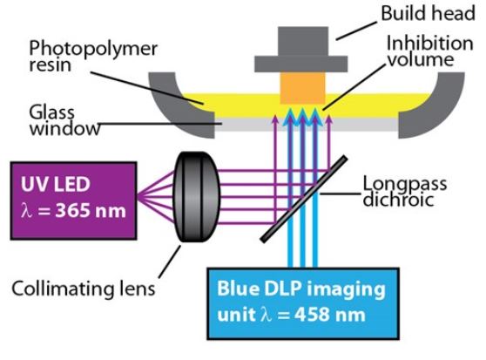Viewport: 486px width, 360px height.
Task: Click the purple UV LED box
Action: [73, 200]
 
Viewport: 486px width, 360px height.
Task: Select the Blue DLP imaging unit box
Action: [303, 303]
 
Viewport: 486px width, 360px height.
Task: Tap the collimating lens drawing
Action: [197, 197]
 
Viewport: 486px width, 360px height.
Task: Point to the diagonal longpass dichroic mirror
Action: [304, 199]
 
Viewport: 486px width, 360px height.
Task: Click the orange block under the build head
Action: [302, 88]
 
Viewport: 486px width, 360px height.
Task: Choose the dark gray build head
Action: [301, 50]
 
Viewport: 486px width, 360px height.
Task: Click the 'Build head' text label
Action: [428, 14]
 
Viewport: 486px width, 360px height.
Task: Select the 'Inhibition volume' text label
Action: [430, 51]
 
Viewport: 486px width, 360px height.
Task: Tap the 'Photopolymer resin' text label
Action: [93, 57]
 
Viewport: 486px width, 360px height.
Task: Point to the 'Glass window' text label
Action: [64, 120]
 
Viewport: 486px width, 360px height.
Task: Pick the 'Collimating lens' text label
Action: [83, 289]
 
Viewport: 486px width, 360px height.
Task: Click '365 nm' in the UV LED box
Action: [91, 211]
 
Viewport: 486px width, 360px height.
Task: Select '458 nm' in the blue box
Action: [330, 315]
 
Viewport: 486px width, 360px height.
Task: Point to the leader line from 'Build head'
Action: [357, 31]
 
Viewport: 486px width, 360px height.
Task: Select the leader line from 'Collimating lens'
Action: [170, 262]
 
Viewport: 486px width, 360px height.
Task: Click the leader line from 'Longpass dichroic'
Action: [341, 194]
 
